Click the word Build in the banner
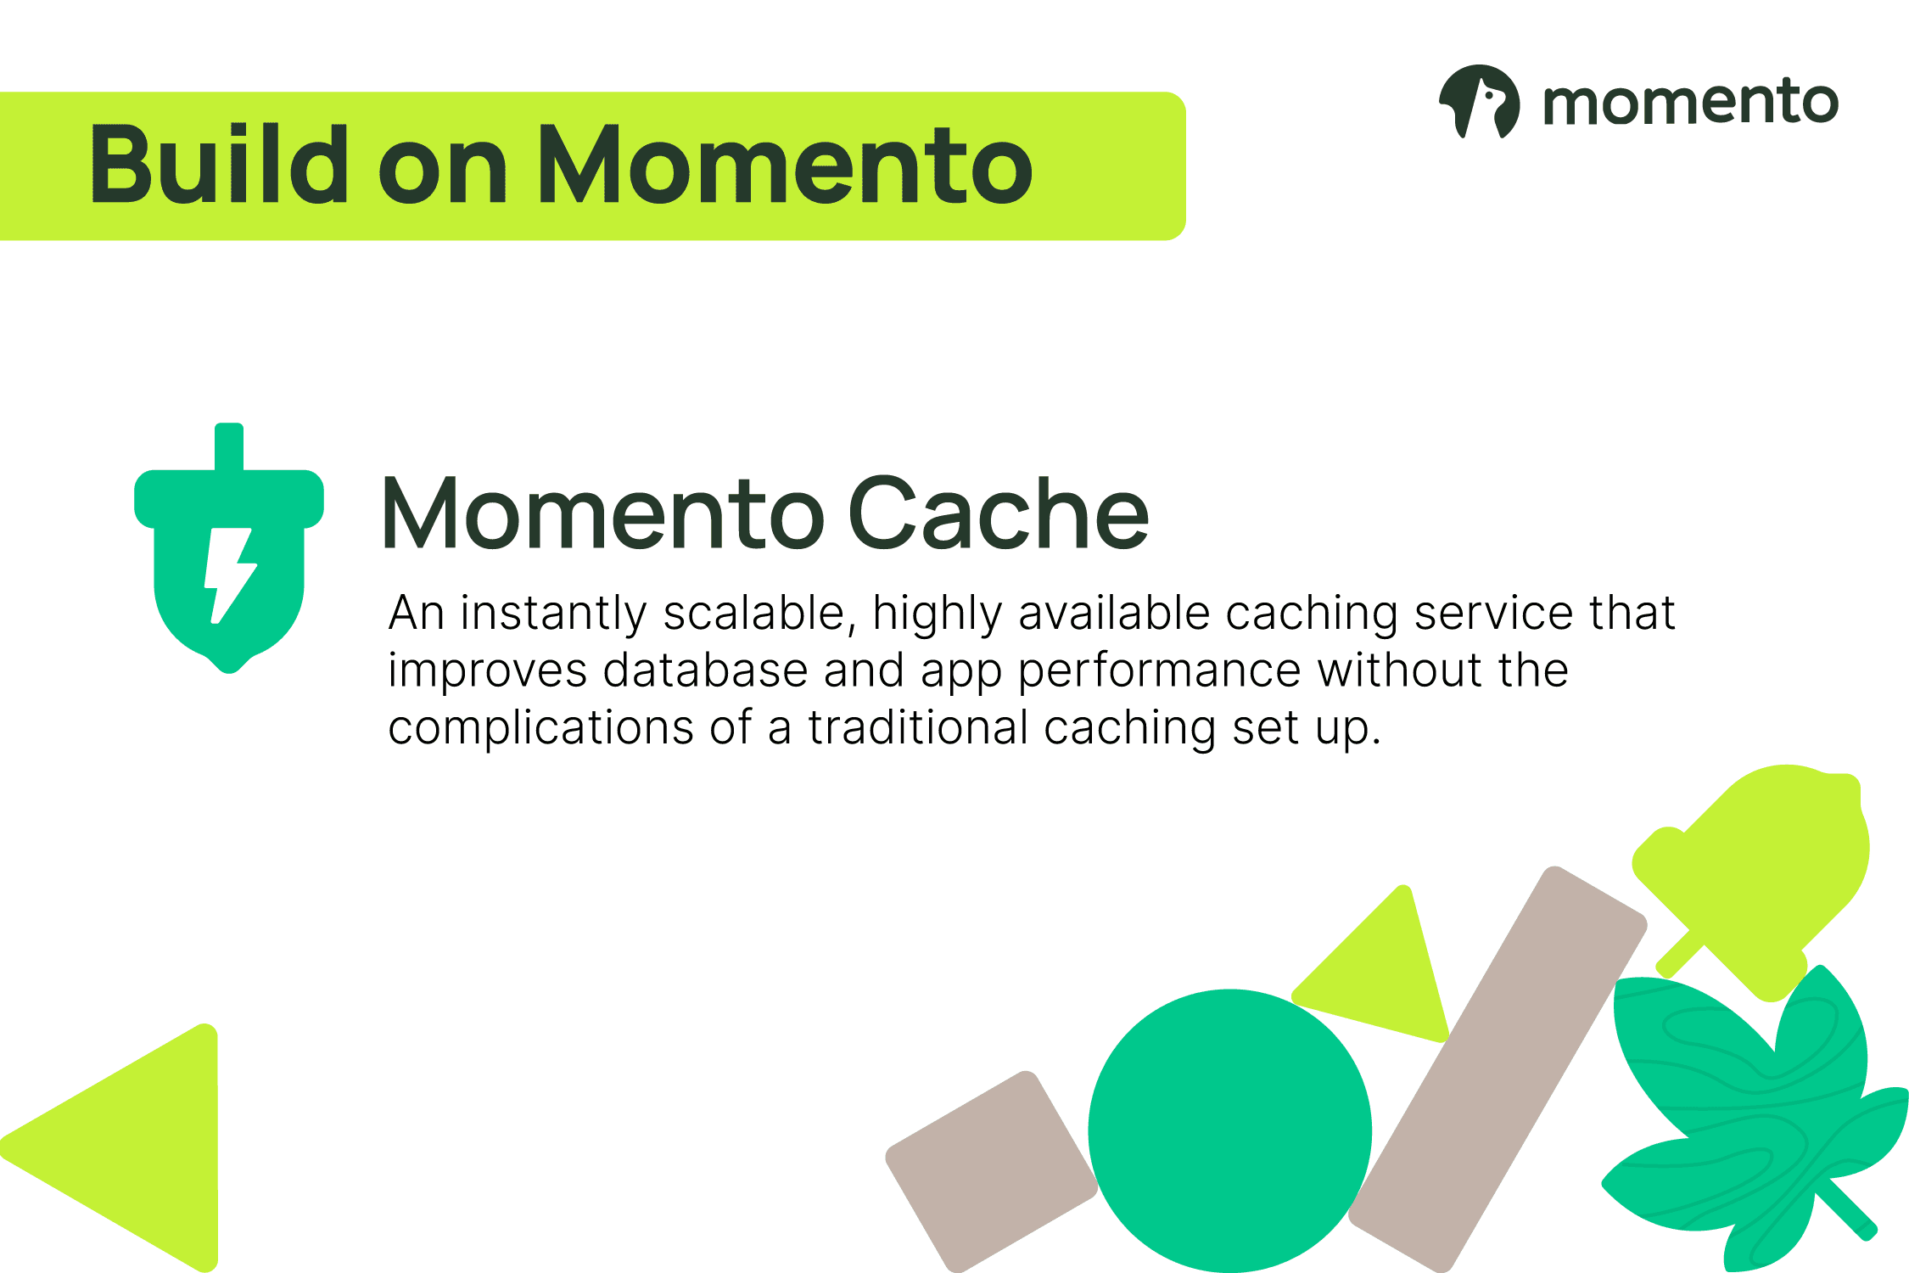point(219,165)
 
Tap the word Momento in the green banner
point(786,165)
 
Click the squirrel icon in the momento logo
point(1479,101)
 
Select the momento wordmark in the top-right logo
point(1690,103)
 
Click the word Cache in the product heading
point(999,513)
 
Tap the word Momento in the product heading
point(603,513)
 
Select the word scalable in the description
point(754,613)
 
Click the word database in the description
point(706,670)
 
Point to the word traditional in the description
point(918,727)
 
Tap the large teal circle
point(1229,1131)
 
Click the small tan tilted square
point(991,1171)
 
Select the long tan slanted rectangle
point(1498,1069)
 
